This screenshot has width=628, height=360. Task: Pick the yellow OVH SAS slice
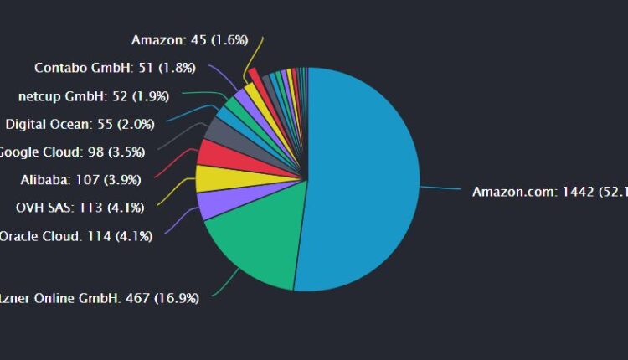[208, 178]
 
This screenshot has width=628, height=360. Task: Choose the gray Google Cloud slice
[221, 131]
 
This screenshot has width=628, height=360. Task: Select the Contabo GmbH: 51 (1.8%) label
[117, 68]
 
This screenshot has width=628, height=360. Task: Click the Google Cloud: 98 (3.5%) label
[71, 152]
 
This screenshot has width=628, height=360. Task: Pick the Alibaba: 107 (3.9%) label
[80, 179]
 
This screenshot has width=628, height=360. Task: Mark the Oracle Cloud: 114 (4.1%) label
[75, 236]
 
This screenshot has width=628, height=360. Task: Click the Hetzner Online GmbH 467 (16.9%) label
[100, 297]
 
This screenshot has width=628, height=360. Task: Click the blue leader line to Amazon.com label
[440, 189]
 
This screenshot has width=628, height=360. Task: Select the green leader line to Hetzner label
[221, 289]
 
